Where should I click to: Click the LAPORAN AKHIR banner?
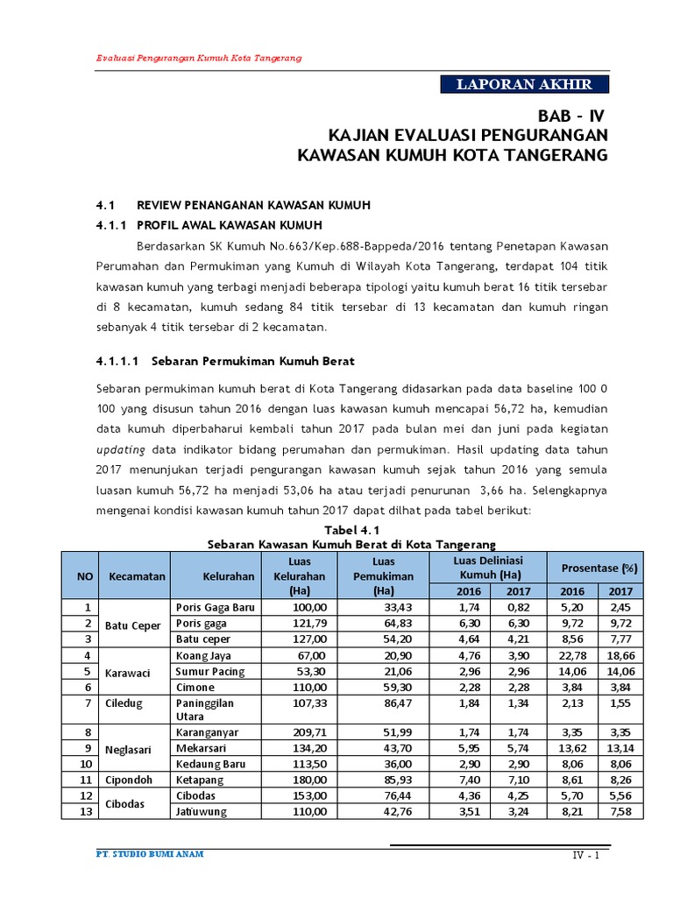[524, 84]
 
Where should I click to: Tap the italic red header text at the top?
[199, 57]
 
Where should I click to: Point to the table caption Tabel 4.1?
[351, 531]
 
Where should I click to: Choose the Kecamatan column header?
[137, 576]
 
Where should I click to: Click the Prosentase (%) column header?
[599, 569]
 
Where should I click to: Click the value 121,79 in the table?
[308, 623]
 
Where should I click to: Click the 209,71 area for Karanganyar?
[308, 731]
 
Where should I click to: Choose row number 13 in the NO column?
[86, 811]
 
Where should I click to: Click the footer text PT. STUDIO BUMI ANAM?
[149, 854]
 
